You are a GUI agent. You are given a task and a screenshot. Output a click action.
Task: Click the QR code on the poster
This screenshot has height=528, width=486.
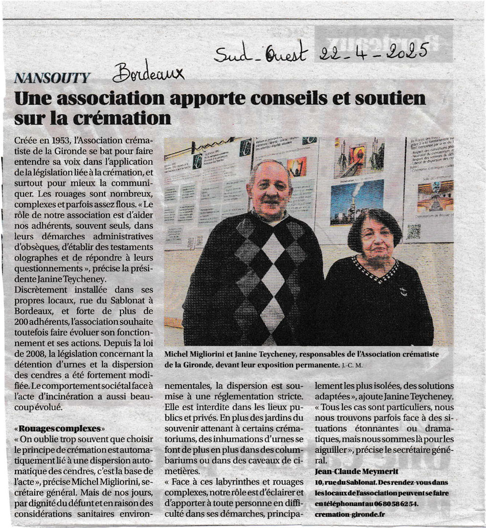click(414, 231)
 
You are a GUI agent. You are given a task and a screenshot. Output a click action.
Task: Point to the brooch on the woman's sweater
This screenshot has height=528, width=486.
click(402, 292)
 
